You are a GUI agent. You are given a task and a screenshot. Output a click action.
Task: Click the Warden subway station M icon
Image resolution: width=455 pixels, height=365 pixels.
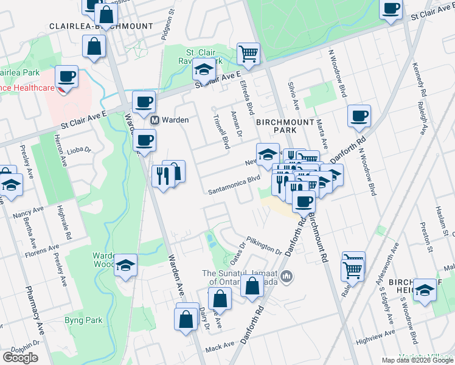tap(155, 120)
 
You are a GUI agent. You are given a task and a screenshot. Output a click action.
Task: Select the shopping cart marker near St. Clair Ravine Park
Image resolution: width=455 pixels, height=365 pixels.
tap(248, 54)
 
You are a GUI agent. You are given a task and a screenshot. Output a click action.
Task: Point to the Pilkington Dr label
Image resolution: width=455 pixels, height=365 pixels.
tap(264, 246)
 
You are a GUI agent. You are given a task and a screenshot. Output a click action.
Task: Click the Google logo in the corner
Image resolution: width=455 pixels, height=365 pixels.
tap(20, 358)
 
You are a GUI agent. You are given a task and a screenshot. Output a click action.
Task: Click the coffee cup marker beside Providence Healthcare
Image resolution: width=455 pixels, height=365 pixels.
tap(66, 77)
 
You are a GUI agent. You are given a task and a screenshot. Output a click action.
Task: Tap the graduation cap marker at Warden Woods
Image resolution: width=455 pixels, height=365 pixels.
tap(126, 265)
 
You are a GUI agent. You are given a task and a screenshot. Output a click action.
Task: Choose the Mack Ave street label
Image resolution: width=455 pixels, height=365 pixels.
tap(220, 347)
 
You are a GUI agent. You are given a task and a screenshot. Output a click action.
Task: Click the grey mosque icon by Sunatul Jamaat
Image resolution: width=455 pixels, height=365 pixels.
tap(288, 277)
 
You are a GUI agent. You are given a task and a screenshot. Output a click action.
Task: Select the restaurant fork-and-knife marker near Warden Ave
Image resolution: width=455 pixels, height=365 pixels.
tap(162, 176)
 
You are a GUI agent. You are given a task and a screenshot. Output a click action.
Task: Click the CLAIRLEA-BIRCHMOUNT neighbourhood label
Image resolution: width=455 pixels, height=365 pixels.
tap(102, 27)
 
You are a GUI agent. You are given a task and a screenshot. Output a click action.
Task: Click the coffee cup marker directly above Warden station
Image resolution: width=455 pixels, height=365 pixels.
tap(144, 102)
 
